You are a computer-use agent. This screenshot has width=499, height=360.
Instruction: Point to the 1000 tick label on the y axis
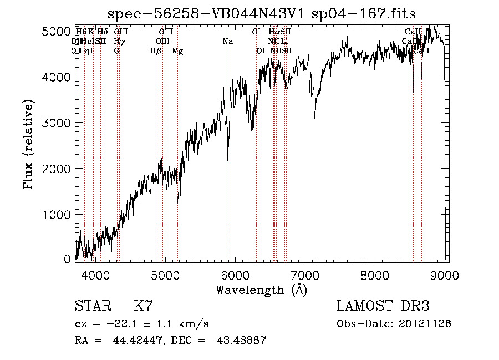pyautogui.click(x=56, y=214)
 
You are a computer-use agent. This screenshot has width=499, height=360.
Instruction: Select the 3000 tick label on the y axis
pyautogui.click(x=56, y=123)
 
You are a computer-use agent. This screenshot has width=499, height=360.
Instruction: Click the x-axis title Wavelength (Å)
pyautogui.click(x=261, y=290)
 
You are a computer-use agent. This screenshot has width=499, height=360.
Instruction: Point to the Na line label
pyautogui.click(x=228, y=41)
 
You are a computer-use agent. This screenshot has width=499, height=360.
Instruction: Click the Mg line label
pyautogui.click(x=177, y=51)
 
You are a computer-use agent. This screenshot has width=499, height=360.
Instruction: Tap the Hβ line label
pyautogui.click(x=156, y=51)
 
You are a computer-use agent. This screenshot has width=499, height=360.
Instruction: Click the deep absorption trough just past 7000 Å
pyautogui.click(x=315, y=116)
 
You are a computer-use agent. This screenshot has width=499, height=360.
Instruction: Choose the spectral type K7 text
pyautogui.click(x=143, y=306)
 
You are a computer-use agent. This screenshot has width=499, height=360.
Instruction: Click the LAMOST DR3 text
pyautogui.click(x=383, y=306)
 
